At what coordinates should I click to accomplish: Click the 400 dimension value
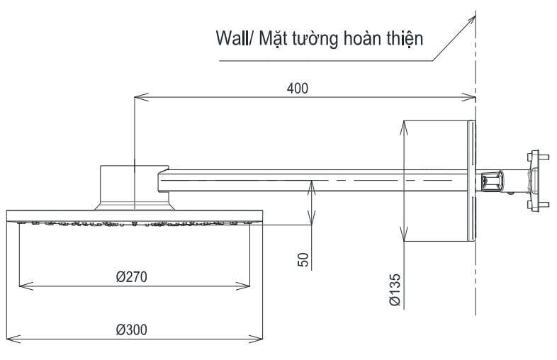click(x=298, y=88)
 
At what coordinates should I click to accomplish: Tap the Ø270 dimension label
click(x=131, y=276)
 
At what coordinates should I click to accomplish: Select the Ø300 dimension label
click(x=133, y=330)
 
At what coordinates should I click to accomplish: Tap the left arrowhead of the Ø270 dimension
click(x=22, y=286)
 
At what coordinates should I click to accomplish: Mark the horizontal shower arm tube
click(x=312, y=181)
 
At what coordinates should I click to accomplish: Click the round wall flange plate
click(x=470, y=181)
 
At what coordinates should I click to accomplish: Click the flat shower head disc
click(x=135, y=215)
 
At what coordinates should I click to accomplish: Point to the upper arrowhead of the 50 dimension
click(x=311, y=183)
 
